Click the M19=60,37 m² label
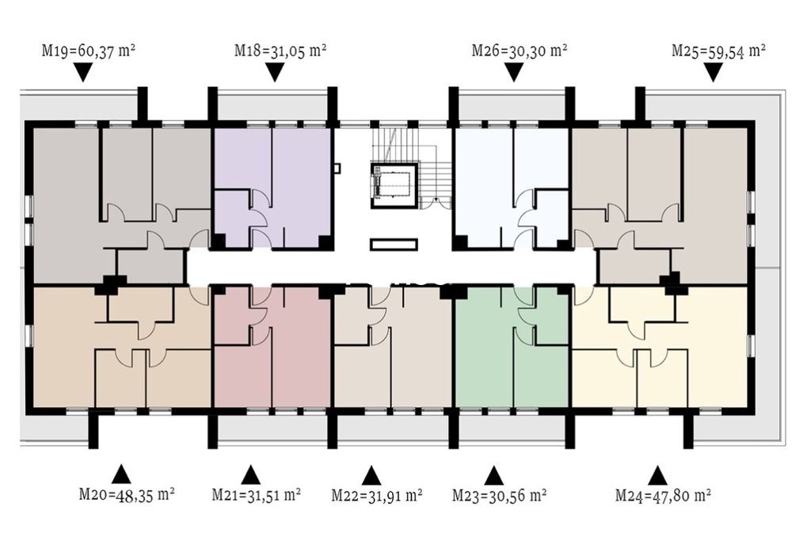(x=89, y=51)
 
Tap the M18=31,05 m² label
(x=280, y=50)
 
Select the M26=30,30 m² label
(x=520, y=50)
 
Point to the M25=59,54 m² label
(x=719, y=51)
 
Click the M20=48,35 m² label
(x=127, y=494)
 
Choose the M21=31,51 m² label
(x=257, y=495)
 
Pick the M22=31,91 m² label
(x=377, y=495)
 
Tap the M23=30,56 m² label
(x=500, y=495)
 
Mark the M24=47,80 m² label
(x=663, y=496)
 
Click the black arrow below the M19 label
(x=82, y=72)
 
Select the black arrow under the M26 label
(x=513, y=72)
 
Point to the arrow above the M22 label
(x=371, y=475)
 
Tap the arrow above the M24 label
(x=657, y=475)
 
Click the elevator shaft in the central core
(x=394, y=185)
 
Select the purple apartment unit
(x=272, y=187)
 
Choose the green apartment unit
(x=513, y=346)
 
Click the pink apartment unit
(x=272, y=346)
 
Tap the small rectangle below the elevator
(x=394, y=245)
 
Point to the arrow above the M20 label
(x=121, y=473)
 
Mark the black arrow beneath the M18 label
(x=275, y=72)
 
